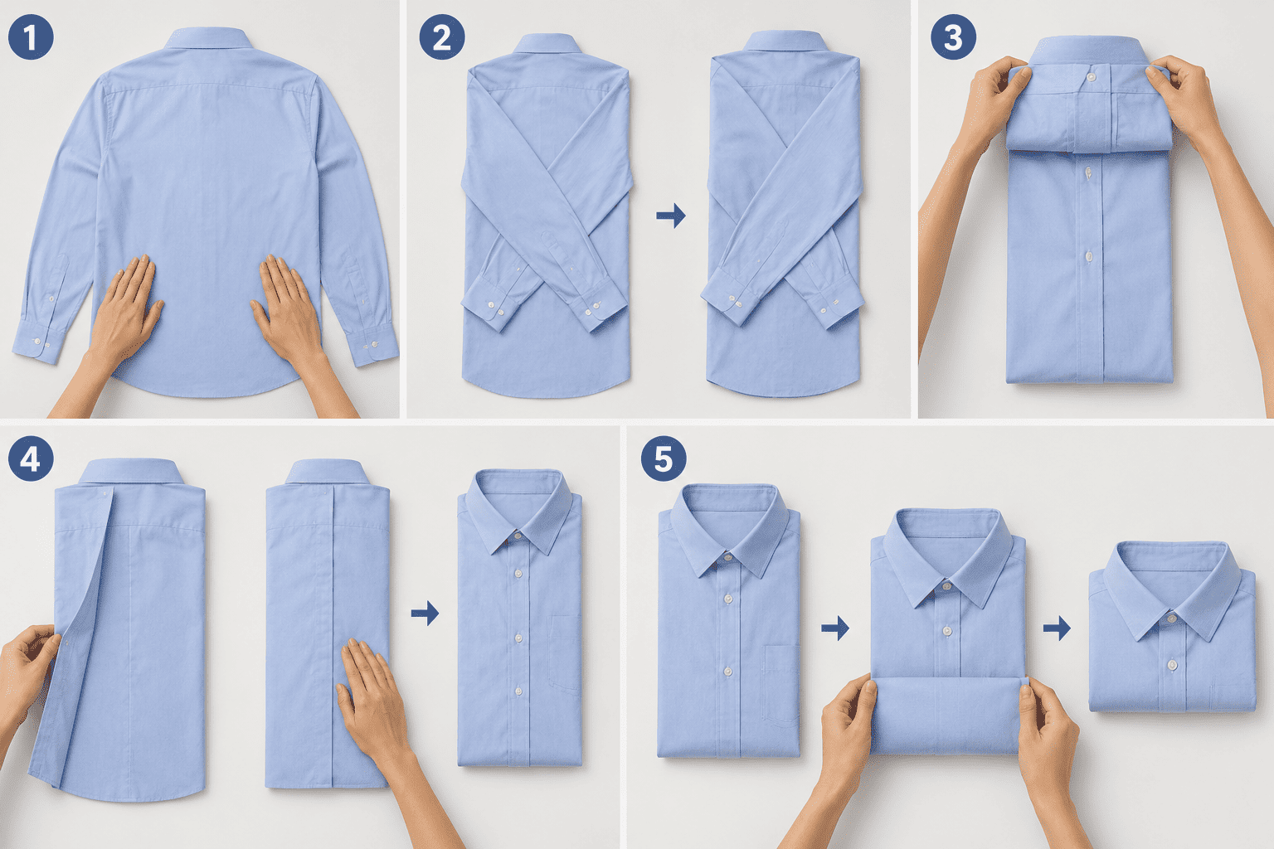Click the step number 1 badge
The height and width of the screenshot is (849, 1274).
click(x=31, y=37)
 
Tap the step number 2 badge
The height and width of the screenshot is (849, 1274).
click(x=442, y=37)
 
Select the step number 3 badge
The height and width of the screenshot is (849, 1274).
click(x=953, y=37)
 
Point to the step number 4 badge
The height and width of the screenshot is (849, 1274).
click(x=31, y=458)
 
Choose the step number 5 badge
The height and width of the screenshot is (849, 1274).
click(x=664, y=458)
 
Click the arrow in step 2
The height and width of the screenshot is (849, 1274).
click(x=671, y=216)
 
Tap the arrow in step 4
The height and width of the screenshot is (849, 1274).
click(x=425, y=613)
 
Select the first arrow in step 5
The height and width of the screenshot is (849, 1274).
click(x=835, y=628)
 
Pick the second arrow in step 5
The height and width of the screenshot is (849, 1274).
click(x=1057, y=628)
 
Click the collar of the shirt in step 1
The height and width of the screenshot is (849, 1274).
click(x=209, y=38)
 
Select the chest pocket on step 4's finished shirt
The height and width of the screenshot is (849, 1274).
click(x=565, y=654)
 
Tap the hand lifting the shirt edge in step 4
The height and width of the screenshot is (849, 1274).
click(x=27, y=665)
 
